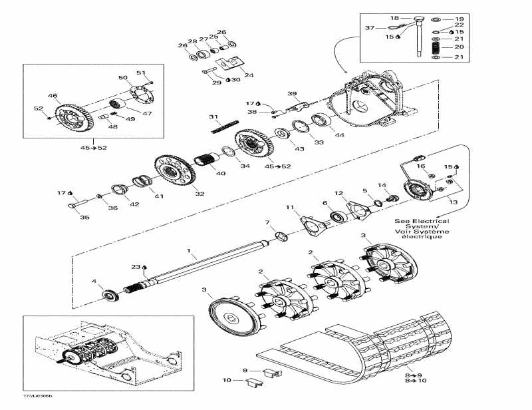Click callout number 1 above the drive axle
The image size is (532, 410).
coord(188,252)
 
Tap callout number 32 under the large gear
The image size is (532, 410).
coord(199,194)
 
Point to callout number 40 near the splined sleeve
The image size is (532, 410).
coord(220,174)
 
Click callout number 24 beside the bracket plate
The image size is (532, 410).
coord(249,75)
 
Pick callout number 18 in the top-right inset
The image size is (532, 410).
coord(394,18)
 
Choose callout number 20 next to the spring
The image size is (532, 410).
coord(458,47)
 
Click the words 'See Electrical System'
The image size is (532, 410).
coord(421,224)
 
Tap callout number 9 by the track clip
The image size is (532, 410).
coord(245,370)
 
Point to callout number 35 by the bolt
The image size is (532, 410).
coord(84,217)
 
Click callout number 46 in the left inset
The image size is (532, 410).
coord(53,96)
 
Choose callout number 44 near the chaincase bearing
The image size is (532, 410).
coord(340,135)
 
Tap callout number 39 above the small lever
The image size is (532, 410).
coord(292,93)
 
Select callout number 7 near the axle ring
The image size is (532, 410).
coord(267,222)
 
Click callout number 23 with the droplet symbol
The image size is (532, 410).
coord(136,266)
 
